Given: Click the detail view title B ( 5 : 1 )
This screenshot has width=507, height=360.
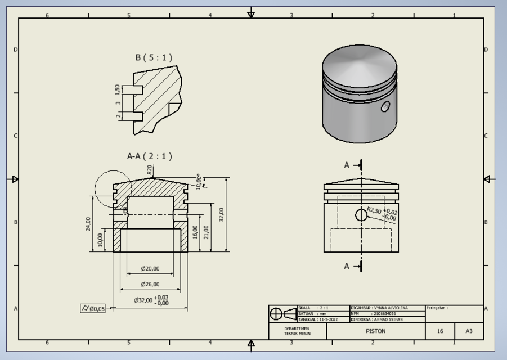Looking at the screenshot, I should point(154,57).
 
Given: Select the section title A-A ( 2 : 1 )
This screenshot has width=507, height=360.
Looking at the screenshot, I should point(150,156).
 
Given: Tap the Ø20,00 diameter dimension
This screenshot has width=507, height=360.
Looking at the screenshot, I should point(150,269).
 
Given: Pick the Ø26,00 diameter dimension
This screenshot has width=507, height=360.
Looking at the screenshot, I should point(150,285).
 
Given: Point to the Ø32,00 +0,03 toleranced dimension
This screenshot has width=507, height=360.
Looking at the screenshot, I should point(151,300).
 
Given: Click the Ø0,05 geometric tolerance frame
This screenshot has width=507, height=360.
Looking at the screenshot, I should point(93,308).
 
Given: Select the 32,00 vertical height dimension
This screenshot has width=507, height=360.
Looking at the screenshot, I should point(221,214).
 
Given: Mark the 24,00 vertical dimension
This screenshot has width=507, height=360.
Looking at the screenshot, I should point(88,223).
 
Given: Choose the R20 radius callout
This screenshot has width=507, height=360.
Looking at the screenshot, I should point(150,169).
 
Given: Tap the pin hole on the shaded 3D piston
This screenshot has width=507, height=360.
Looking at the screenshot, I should point(385,106).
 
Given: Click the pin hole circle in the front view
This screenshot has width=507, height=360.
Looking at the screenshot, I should point(361,215).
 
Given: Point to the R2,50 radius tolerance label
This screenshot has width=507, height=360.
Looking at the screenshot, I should point(382,213).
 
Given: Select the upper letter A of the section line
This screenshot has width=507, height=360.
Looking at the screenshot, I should point(347,165).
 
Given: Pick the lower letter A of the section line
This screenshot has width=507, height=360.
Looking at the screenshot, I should point(347,266).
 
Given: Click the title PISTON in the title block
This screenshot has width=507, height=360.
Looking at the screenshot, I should point(375,331).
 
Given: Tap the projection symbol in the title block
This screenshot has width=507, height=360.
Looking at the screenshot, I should point(282,314).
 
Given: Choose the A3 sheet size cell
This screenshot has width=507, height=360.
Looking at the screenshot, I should point(469,331).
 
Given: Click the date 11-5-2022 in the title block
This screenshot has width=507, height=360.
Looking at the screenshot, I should point(327,319).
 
